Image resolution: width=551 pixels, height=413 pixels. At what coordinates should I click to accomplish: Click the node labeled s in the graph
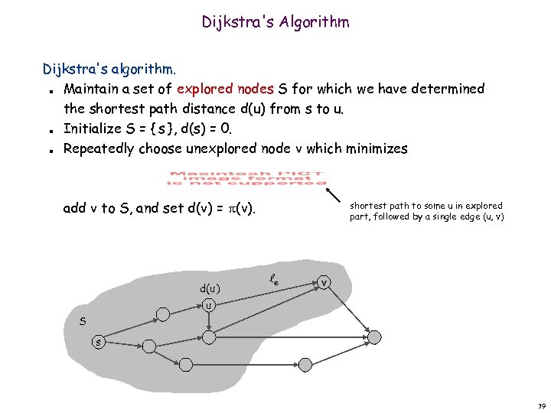[98, 342]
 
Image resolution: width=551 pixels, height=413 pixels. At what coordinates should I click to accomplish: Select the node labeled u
[209, 305]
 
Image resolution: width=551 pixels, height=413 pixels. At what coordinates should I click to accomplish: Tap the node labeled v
[325, 283]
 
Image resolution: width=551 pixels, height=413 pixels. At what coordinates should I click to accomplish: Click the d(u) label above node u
[210, 289]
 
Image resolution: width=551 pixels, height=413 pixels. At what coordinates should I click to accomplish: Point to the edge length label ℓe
[273, 281]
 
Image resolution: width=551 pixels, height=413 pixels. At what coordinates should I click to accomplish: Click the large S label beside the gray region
[83, 322]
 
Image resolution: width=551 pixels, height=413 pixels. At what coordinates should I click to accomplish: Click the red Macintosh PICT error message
[247, 178]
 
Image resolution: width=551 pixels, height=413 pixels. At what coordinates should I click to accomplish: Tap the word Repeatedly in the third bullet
[99, 148]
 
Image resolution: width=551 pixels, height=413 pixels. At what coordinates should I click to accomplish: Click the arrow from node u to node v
[264, 294]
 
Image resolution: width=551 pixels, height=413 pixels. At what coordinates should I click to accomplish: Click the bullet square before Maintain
[49, 90]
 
